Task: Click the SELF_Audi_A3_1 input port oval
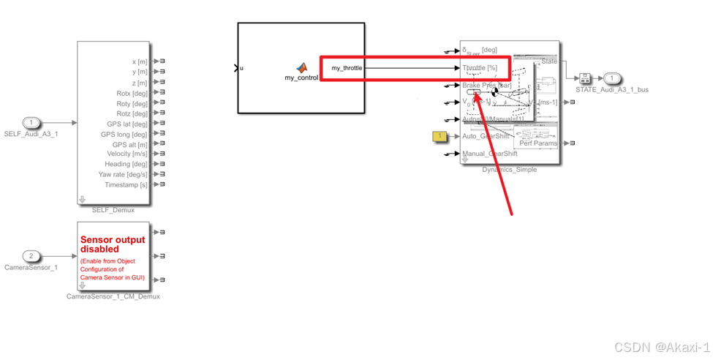(x=31, y=123)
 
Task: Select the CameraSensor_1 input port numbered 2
(x=31, y=256)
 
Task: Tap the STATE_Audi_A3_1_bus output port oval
(x=612, y=78)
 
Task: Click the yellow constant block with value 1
(x=440, y=136)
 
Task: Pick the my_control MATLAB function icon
(x=301, y=67)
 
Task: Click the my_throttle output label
(x=347, y=68)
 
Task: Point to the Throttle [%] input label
(x=480, y=68)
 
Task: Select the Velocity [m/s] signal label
(x=127, y=154)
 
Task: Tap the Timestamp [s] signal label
(x=126, y=185)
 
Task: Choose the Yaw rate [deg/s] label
(x=123, y=174)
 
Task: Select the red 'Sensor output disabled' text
(x=113, y=244)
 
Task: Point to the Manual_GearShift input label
(x=490, y=154)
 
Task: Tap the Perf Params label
(x=538, y=143)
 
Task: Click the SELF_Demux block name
(x=113, y=210)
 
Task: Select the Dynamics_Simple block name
(x=509, y=170)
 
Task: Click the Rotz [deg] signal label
(x=132, y=113)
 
